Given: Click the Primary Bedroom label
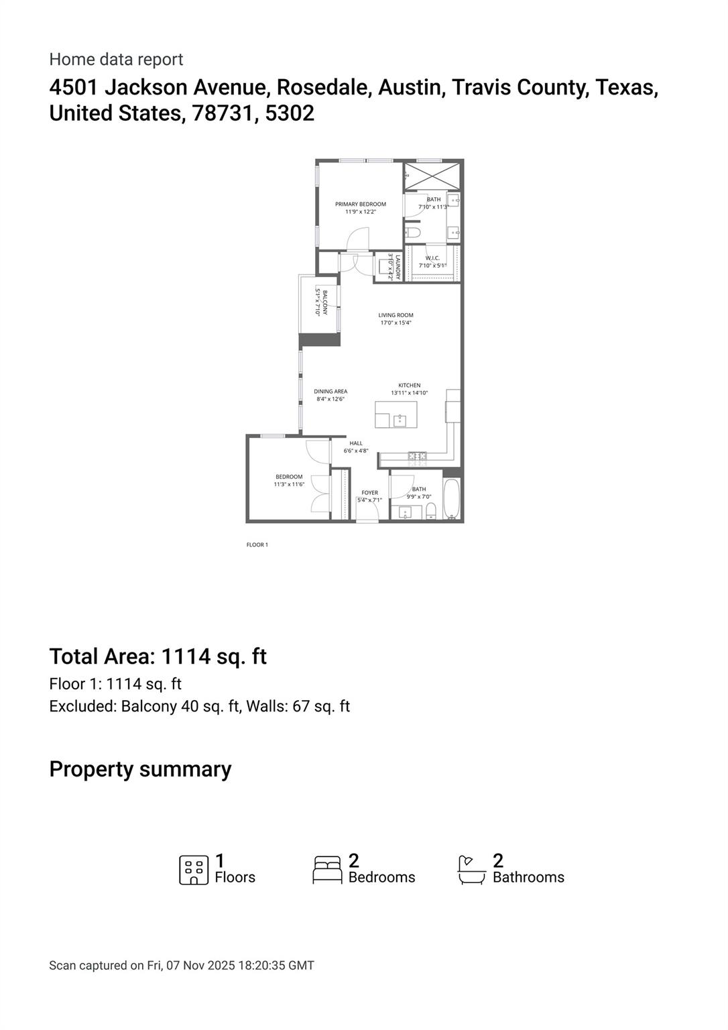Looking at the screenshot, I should [361, 205].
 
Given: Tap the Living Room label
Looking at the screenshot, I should [396, 315].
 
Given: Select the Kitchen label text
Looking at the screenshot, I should [409, 386].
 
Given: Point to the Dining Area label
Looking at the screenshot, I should [330, 392].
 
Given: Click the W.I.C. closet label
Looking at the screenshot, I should [432, 258].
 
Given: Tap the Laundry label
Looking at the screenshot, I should [398, 268].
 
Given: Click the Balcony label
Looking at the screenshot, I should [324, 302].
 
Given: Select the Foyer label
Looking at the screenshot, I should [369, 493].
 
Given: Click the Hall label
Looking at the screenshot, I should [356, 443].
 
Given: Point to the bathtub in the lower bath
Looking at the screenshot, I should [452, 500].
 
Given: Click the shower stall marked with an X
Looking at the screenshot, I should [432, 176].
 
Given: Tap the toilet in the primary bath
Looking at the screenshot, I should [413, 233].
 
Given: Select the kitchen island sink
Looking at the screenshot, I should [400, 420].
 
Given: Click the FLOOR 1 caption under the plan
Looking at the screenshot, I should [257, 545].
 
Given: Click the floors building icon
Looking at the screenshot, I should [194, 870].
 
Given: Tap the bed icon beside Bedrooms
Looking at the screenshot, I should [328, 870].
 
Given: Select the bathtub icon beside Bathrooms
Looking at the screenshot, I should [471, 870].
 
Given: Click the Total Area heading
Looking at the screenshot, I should [158, 656].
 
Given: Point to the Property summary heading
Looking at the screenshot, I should [140, 769].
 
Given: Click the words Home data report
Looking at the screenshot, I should [116, 60].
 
